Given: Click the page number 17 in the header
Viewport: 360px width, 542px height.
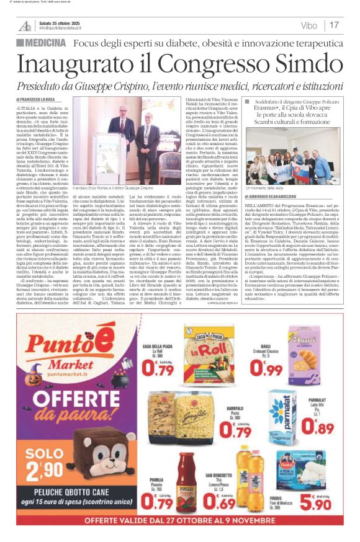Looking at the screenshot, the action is coord(334,25).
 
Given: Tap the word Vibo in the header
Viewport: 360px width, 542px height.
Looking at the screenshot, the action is coord(308,25).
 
